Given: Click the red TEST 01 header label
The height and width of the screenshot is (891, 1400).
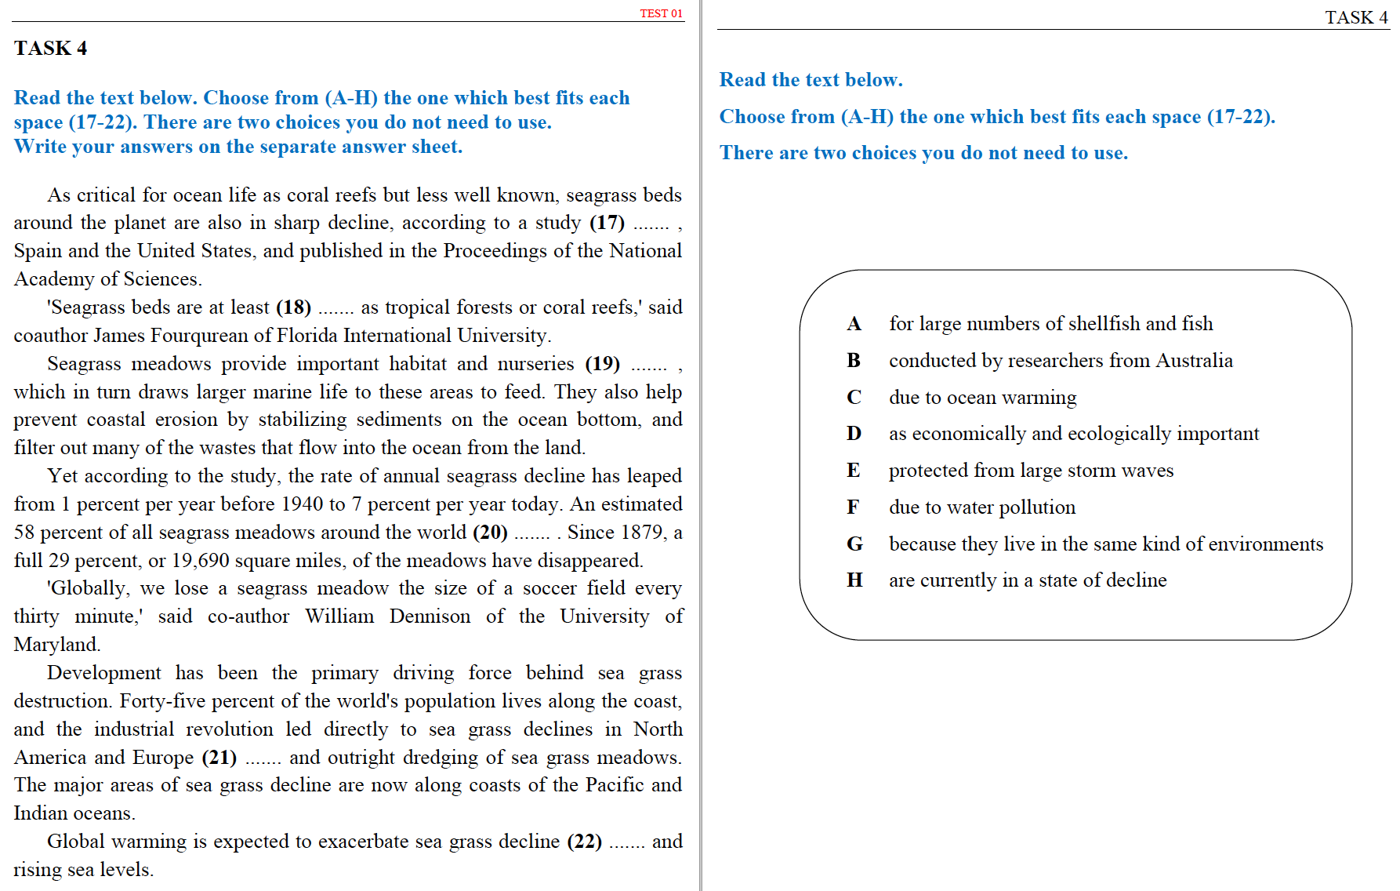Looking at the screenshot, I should tap(661, 13).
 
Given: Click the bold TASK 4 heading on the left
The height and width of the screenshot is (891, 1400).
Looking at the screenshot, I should tap(50, 49).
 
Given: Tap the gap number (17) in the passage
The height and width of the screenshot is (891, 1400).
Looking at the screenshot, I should tap(607, 223).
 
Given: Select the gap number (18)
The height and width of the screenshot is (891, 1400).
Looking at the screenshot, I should tap(293, 307).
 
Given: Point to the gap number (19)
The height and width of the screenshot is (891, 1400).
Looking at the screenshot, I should tap(602, 364).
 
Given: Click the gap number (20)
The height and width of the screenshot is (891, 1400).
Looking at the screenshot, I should tap(490, 533).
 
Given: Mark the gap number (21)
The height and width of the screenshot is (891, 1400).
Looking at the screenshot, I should tap(219, 758).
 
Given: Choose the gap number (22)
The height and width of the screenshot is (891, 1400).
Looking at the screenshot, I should tap(584, 842).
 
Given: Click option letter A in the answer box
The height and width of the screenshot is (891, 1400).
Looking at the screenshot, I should tap(854, 324).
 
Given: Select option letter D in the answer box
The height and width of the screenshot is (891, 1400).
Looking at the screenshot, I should tap(854, 434).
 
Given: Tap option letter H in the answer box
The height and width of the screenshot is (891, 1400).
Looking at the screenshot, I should tap(854, 580).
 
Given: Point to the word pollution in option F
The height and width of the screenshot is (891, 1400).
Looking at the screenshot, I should tap(1036, 507).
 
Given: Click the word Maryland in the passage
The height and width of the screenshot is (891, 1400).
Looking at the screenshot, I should tap(56, 645).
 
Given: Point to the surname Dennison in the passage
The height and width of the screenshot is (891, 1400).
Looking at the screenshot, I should tap(430, 616).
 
